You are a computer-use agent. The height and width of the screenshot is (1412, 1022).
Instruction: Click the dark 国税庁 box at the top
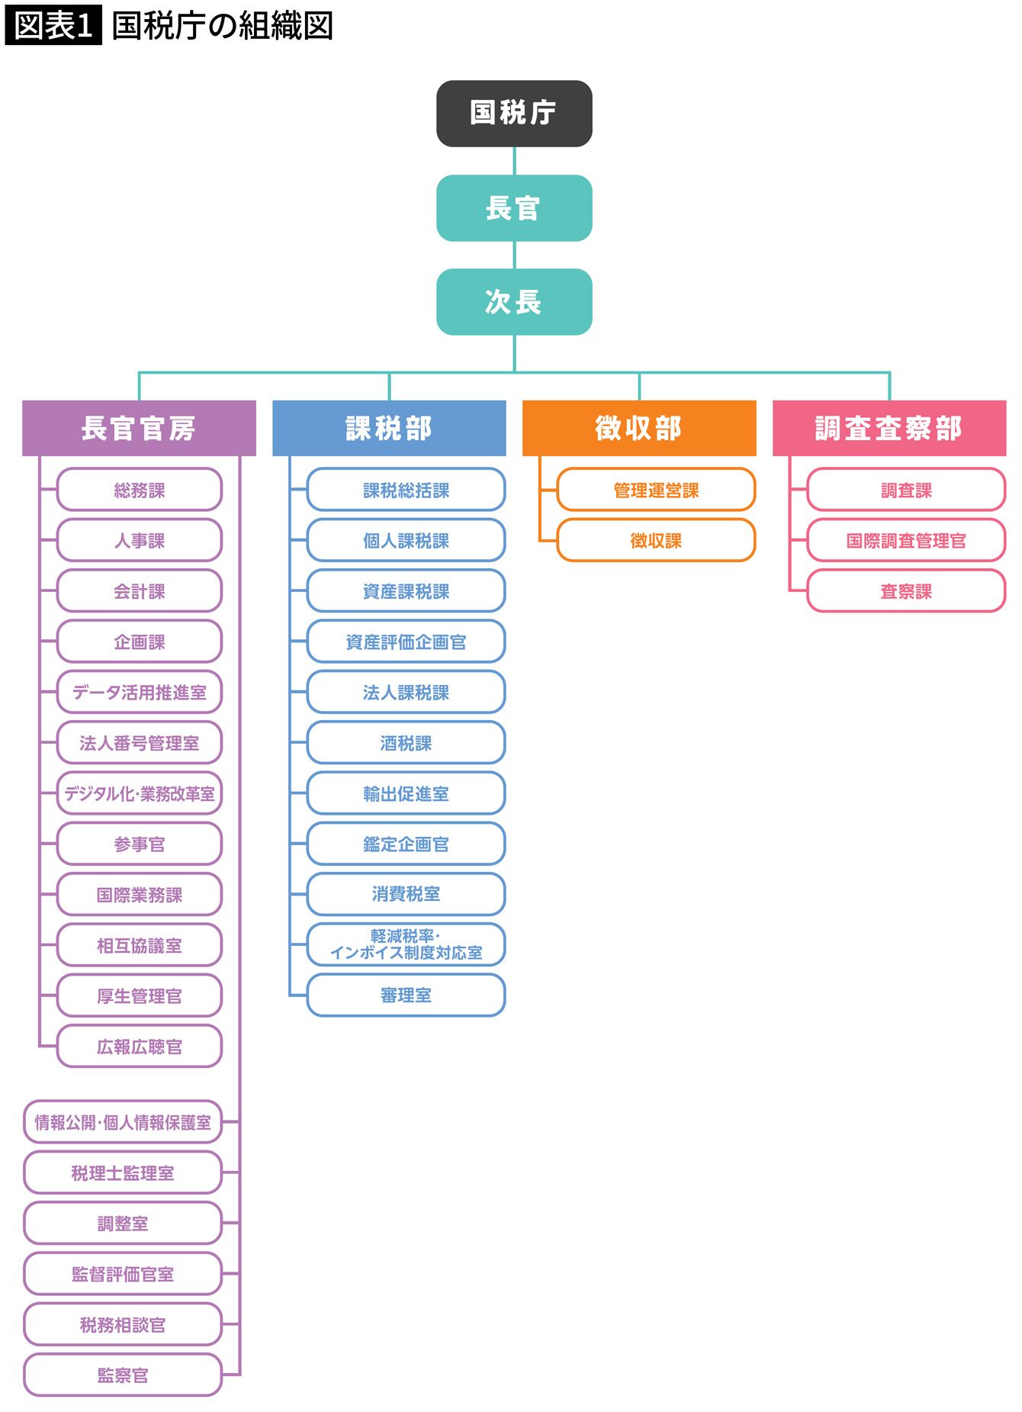pyautogui.click(x=514, y=114)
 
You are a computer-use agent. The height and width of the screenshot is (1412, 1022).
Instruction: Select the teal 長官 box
pyautogui.click(x=514, y=208)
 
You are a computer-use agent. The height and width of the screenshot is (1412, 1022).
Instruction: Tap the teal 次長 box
pyautogui.click(x=514, y=302)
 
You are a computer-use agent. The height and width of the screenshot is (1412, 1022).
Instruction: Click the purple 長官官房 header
pyautogui.click(x=139, y=428)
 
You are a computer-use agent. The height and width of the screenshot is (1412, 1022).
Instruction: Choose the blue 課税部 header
pyautogui.click(x=389, y=428)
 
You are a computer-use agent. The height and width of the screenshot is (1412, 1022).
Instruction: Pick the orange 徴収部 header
pyautogui.click(x=639, y=428)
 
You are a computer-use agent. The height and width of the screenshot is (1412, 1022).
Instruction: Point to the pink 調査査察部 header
pyautogui.click(x=889, y=428)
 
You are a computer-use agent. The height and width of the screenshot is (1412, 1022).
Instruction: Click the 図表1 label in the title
pyautogui.click(x=53, y=26)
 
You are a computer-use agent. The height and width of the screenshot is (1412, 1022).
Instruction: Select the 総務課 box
pyautogui.click(x=140, y=490)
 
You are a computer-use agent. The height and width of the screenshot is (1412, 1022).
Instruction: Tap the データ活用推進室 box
pyautogui.click(x=140, y=692)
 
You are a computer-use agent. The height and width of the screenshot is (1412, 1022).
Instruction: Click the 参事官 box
pyautogui.click(x=140, y=844)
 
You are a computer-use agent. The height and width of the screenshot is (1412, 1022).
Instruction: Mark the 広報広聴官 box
pyautogui.click(x=140, y=1047)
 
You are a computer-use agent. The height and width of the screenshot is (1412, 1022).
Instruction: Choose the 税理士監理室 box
pyautogui.click(x=123, y=1172)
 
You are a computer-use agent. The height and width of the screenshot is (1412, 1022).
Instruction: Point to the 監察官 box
pyautogui.click(x=123, y=1375)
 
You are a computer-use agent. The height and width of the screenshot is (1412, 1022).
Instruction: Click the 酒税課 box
pyautogui.click(x=406, y=743)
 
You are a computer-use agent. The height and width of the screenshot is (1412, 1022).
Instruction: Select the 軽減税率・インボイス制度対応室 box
pyautogui.click(x=406, y=944)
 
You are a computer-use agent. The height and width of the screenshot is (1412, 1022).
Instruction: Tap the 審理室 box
pyautogui.click(x=406, y=995)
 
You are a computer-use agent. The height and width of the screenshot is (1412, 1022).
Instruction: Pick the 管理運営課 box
pyautogui.click(x=656, y=490)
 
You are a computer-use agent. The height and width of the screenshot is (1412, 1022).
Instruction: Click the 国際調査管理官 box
pyautogui.click(x=906, y=540)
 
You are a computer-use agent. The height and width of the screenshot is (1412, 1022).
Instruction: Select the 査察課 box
pyautogui.click(x=906, y=591)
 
